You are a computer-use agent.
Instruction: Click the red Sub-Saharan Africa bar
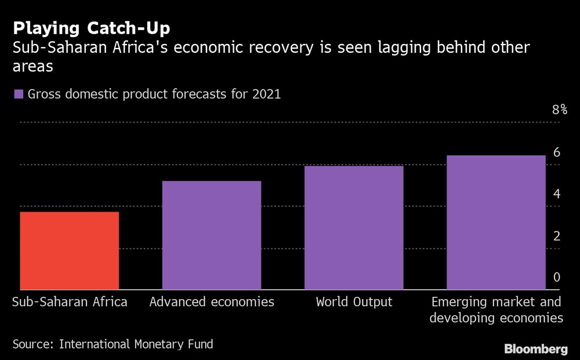(x=70, y=250)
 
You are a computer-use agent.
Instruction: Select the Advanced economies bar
(x=212, y=235)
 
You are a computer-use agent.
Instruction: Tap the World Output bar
(x=354, y=228)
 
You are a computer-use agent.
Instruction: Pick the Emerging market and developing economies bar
(x=496, y=222)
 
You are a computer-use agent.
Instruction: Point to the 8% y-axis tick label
(x=559, y=110)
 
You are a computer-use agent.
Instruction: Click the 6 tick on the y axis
(x=556, y=152)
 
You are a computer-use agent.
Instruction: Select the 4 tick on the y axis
(x=556, y=194)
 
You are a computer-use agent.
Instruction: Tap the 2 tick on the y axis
(x=556, y=236)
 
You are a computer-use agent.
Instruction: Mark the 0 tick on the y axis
(x=556, y=278)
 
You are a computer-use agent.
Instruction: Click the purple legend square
(x=19, y=94)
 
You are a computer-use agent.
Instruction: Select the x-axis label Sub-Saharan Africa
(x=70, y=302)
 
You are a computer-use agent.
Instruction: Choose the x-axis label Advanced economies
(x=212, y=302)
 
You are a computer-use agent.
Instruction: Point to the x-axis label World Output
(x=354, y=302)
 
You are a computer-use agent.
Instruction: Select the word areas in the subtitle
(x=34, y=67)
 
